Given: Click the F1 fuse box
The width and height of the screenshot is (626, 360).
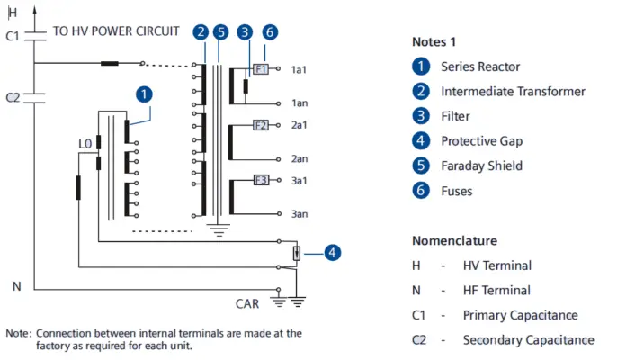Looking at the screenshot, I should coord(261,68).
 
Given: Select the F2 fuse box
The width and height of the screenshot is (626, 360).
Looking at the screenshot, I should coord(261,124).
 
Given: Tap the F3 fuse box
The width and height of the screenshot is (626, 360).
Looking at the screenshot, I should coord(261,180).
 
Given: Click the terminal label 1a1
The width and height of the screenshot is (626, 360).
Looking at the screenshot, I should coord(300,69).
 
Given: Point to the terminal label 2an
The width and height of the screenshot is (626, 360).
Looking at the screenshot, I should coord(300,158).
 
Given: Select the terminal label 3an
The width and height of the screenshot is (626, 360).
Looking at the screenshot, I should coord(300,214).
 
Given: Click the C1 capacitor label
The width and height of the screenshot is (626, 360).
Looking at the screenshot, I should coord(12,37).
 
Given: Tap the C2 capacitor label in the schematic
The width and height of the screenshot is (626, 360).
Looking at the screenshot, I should coord(12,96).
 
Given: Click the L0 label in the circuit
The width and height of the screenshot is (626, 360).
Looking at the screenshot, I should coord(85,143).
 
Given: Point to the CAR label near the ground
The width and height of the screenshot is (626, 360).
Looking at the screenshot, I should coord(246,303).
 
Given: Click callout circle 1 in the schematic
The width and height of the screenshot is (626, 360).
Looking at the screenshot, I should coord(144,93).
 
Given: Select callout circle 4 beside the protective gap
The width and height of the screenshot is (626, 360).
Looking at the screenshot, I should coord(332,253).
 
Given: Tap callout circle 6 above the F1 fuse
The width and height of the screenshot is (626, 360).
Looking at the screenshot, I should coord(270,32).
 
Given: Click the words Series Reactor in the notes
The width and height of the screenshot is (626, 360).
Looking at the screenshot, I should coord(480,67).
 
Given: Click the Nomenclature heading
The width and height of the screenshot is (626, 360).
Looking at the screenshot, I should coord(454,241).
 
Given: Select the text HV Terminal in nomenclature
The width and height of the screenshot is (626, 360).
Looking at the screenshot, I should coord(496,265).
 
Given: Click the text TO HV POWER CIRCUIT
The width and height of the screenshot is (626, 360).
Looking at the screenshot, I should coord(116,31).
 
